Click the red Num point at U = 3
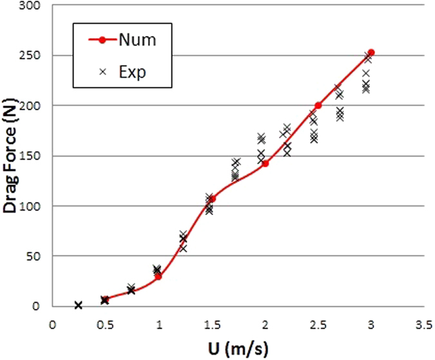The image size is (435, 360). (371, 52)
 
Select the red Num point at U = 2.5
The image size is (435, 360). (318, 105)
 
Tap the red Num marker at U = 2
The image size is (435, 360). (265, 164)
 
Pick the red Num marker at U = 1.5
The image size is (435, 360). (212, 199)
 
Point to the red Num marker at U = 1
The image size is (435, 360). (159, 276)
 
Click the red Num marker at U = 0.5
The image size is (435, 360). (106, 299)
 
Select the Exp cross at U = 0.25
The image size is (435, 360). (79, 305)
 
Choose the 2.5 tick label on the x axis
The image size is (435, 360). (318, 324)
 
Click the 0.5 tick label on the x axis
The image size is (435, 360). (106, 324)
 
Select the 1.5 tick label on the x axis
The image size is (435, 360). (211, 324)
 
